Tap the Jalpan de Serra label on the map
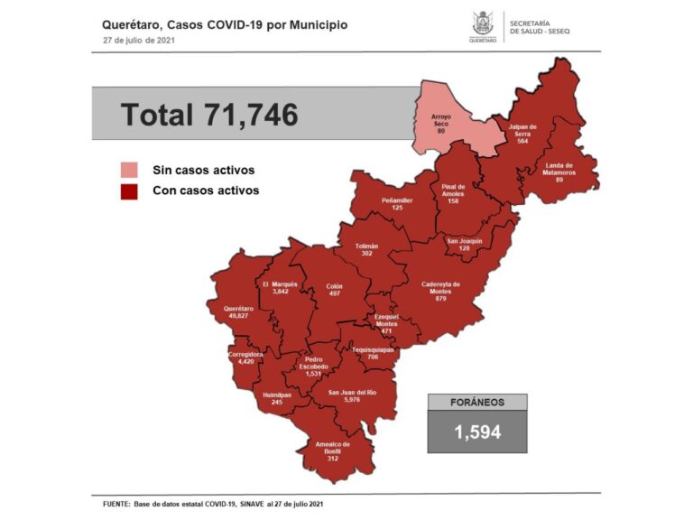pyautogui.click(x=522, y=133)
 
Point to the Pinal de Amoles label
pyautogui.click(x=453, y=192)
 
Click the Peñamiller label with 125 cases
pyautogui.click(x=396, y=204)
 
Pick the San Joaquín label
pyautogui.click(x=465, y=245)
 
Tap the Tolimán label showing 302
pyautogui.click(x=366, y=250)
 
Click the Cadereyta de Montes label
pyautogui.click(x=440, y=290)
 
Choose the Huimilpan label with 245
pyautogui.click(x=272, y=399)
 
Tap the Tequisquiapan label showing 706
pyautogui.click(x=373, y=353)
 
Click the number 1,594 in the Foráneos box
pyautogui.click(x=477, y=432)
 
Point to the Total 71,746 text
pyautogui.click(x=209, y=115)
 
